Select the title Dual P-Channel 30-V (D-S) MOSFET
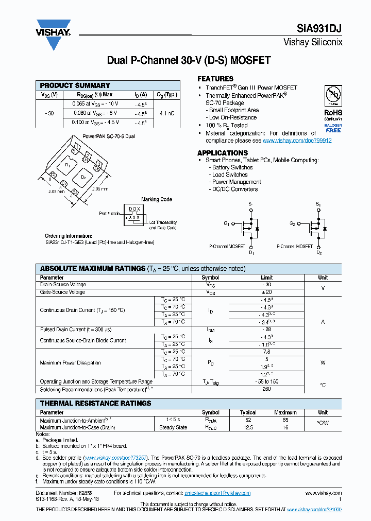pos(188,60)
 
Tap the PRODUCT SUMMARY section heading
pos(75,85)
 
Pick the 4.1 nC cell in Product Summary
pos(166,113)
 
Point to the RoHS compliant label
pos(332,112)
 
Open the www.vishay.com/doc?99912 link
pos(297,141)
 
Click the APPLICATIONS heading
pos(223,153)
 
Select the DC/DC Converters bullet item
pos(235,189)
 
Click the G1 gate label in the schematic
pos(226,223)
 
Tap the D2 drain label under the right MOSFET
pos(319,253)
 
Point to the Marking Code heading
pos(157,199)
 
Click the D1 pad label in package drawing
pos(68,165)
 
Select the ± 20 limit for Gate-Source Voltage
pos(266,292)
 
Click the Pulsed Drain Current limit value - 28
pos(266,329)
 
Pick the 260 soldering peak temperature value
pos(266,389)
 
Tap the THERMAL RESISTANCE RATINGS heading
pos(96,403)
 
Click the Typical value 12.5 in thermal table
pos(248,427)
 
